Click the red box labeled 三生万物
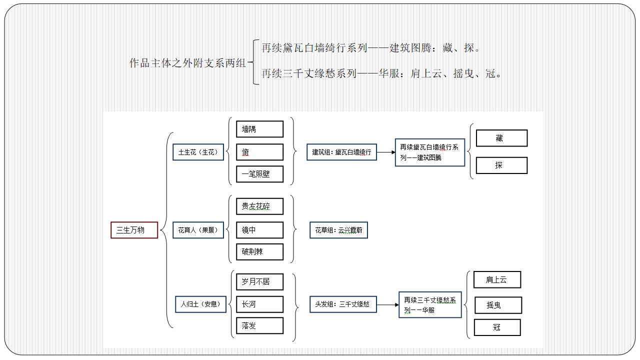tap(134, 230)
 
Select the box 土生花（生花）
tap(198, 152)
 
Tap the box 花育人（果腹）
tap(198, 230)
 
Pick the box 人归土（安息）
tap(200, 304)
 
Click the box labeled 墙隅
tap(259, 129)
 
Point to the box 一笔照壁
tap(259, 174)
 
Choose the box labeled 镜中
tap(259, 230)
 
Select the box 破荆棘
tap(259, 251)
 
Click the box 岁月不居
tap(259, 282)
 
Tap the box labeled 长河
tap(259, 304)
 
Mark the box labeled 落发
tap(259, 325)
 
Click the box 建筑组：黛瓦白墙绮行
tap(341, 152)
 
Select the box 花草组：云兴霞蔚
tap(339, 230)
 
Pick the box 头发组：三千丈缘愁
tap(343, 304)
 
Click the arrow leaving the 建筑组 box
tap(386, 152)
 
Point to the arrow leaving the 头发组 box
tap(387, 305)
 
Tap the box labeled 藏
tap(501, 138)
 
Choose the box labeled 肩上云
tap(497, 279)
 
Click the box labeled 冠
tap(497, 327)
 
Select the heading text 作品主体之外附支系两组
tap(187, 63)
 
